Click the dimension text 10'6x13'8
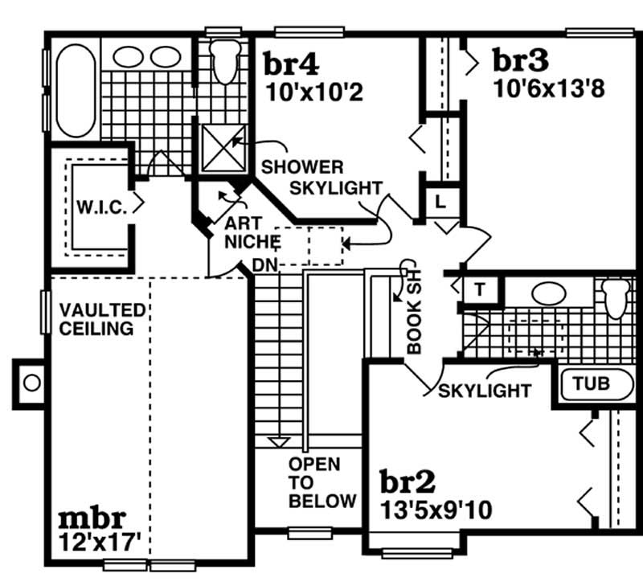click(x=548, y=88)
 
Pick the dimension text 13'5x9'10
click(x=437, y=510)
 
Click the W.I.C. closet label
click(x=100, y=207)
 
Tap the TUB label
click(x=592, y=384)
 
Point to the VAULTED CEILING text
click(x=101, y=319)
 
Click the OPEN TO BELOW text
click(x=322, y=483)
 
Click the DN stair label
click(x=264, y=264)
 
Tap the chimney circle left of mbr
click(x=31, y=383)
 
